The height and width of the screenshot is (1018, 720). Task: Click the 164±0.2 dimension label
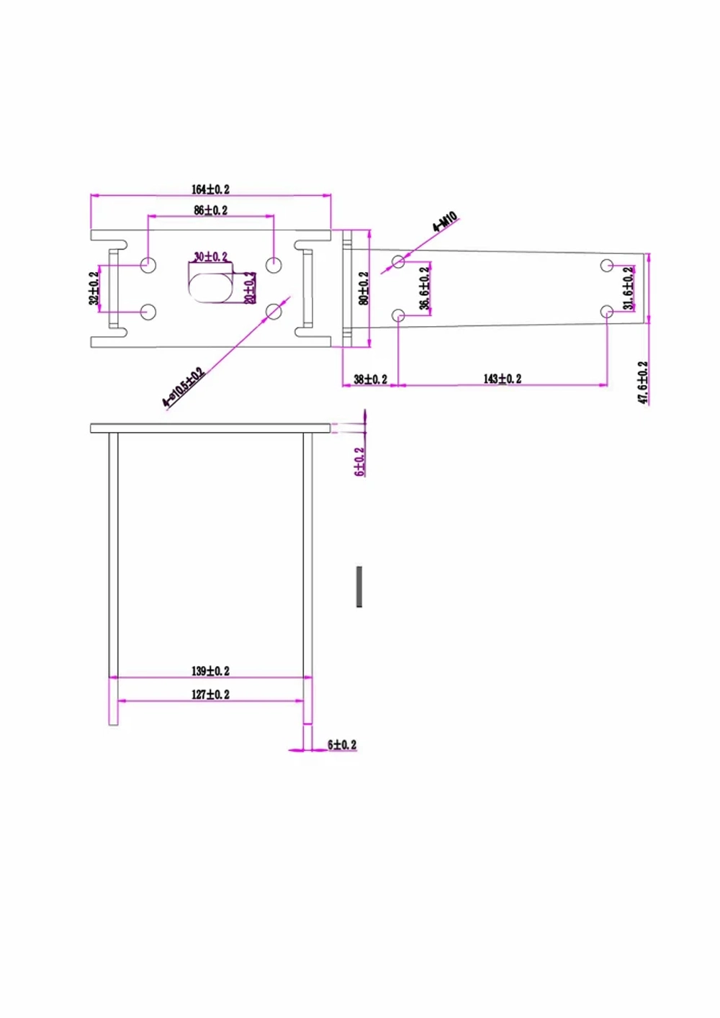pos(210,189)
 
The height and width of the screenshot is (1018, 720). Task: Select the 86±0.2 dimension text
pos(210,210)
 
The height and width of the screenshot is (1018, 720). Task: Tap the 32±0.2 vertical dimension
pos(94,288)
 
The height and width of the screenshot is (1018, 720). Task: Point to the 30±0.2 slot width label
pos(210,256)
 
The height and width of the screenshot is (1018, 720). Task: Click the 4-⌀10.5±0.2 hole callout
pos(183,388)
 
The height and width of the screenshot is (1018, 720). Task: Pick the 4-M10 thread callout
pos(445,222)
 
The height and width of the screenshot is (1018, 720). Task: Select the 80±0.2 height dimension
pos(364,288)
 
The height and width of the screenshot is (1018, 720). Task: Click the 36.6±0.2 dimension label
pos(425,288)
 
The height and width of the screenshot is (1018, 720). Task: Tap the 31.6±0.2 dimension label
pos(629,288)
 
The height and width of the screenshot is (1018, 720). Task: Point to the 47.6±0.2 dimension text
pos(643,382)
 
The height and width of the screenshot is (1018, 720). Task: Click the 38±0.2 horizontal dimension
pos(370,379)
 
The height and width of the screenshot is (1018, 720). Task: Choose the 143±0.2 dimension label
pos(502,379)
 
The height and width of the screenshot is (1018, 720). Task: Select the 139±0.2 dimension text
pos(210,671)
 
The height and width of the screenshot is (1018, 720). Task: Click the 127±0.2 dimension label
pos(210,695)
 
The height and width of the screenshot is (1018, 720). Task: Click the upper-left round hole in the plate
pos(148,264)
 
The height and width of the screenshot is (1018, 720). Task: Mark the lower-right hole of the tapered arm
pos(607,312)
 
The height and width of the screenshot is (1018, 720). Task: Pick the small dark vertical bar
pos(359,586)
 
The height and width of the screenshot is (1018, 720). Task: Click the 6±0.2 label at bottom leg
pos(342,744)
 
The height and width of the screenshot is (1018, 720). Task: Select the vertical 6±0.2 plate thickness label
pos(359,461)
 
